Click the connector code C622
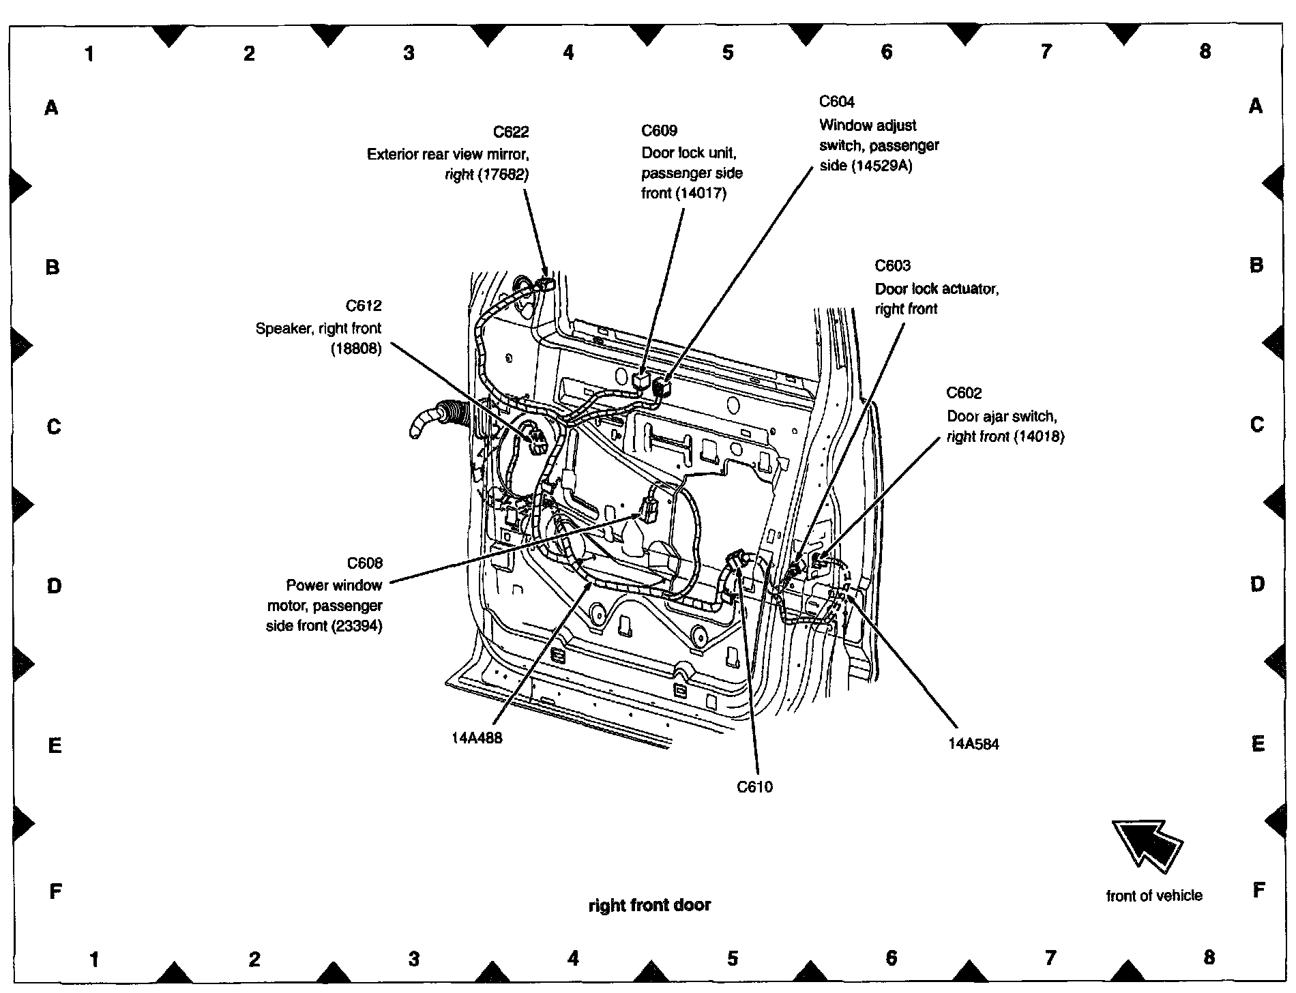pyautogui.click(x=511, y=132)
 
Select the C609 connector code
pyautogui.click(x=659, y=130)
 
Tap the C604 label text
pyautogui.click(x=836, y=102)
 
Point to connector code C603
pyautogui.click(x=892, y=265)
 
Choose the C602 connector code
pyautogui.click(x=964, y=393)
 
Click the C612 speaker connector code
pyautogui.click(x=364, y=305)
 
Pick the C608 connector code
pyautogui.click(x=364, y=563)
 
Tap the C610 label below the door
pyautogui.click(x=754, y=787)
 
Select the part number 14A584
pyautogui.click(x=973, y=744)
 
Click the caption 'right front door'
pyautogui.click(x=649, y=905)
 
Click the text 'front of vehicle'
pyautogui.click(x=1154, y=895)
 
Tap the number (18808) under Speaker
pyautogui.click(x=356, y=349)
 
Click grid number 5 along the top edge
pyautogui.click(x=728, y=53)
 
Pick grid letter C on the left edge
pyautogui.click(x=53, y=427)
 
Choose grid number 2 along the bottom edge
pyautogui.click(x=254, y=960)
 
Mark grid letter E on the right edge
pyautogui.click(x=1258, y=744)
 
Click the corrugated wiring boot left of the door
pyautogui.click(x=443, y=416)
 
